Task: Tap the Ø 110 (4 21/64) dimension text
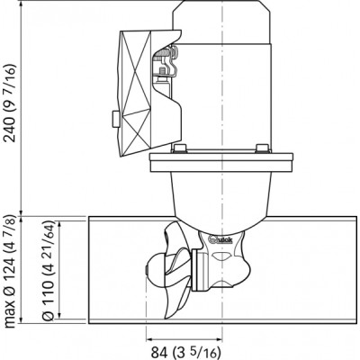[x=48, y=274]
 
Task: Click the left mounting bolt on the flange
[x=180, y=148]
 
